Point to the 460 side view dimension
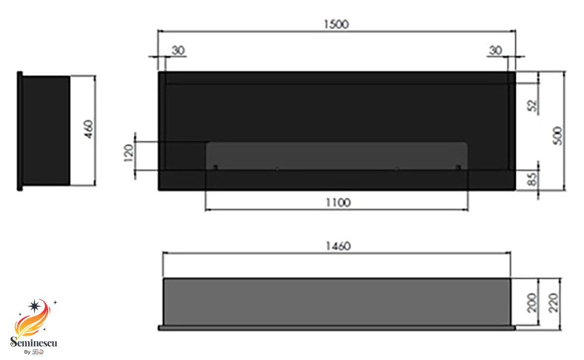89,130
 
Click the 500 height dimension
558,135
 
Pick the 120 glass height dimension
128,153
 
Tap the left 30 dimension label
177,50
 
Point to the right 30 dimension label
495,50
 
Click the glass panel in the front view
336,156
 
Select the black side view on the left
45,130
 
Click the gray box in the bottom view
336,301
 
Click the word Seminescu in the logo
34,343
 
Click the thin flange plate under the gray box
336,328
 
